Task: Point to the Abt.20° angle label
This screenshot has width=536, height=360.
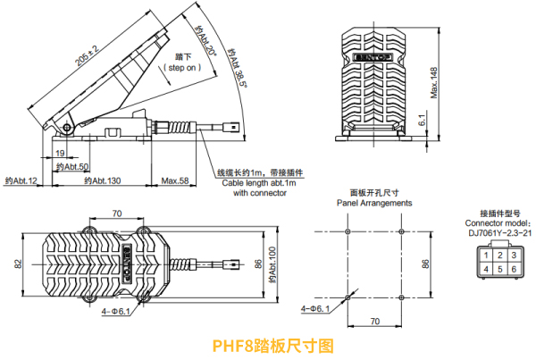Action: pyautogui.click(x=207, y=39)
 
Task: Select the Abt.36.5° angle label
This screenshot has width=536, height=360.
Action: pyautogui.click(x=237, y=63)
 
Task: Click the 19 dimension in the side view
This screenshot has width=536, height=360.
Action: pyautogui.click(x=71, y=154)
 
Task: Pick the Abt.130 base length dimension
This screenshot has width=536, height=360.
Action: pyautogui.click(x=102, y=181)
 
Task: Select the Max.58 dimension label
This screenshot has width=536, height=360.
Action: pyautogui.click(x=174, y=181)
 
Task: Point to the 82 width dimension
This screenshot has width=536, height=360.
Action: pyautogui.click(x=17, y=264)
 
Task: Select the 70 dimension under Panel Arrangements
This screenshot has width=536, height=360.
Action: pyautogui.click(x=374, y=320)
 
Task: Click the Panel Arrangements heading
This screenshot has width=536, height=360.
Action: pyautogui.click(x=374, y=203)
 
